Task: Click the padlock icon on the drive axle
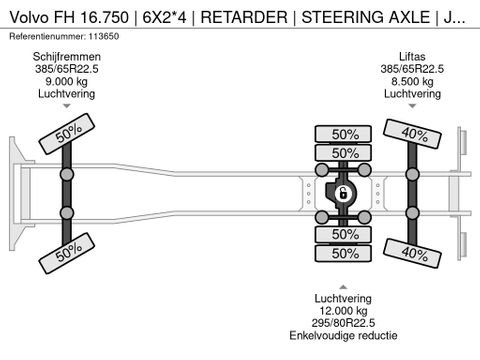(343, 193)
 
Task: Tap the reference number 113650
(103, 36)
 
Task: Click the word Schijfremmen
(67, 57)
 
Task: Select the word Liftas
(412, 57)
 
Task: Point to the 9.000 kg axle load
(67, 81)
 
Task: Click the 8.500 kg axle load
(412, 81)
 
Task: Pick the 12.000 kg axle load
(343, 311)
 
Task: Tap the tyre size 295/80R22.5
(343, 323)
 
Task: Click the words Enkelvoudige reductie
(343, 335)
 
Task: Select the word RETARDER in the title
(244, 17)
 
